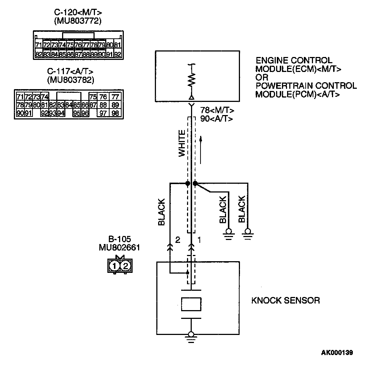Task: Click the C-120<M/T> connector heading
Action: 77,12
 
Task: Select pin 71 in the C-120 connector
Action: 38,45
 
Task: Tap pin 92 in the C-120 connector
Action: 117,54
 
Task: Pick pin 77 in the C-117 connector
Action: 115,97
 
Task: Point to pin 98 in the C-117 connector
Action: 115,113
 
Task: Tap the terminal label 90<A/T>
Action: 217,119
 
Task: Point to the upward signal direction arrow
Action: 201,150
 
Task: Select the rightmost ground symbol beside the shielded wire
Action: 248,233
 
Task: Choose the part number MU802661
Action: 119,247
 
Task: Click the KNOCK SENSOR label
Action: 285,301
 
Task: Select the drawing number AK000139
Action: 337,352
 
